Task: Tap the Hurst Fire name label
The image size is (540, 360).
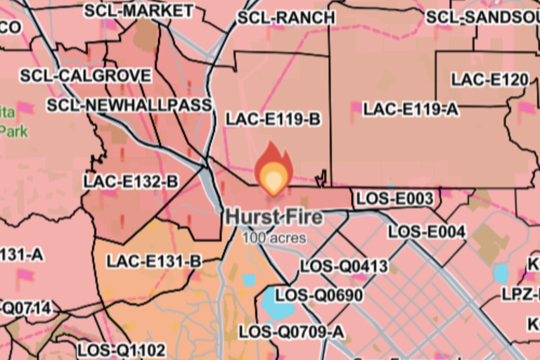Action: [x=274, y=217]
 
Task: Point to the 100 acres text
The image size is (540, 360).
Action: [x=274, y=238]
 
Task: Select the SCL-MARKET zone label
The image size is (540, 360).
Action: [x=139, y=11]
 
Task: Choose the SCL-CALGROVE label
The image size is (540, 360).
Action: [x=85, y=75]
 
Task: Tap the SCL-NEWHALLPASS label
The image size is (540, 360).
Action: [x=129, y=105]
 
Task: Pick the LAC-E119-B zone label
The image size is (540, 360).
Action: [x=273, y=120]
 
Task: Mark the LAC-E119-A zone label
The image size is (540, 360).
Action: [x=411, y=109]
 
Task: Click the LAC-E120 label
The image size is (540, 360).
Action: [x=490, y=79]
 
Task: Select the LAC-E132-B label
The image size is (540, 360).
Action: [x=131, y=181]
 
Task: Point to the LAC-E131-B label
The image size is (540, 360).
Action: [x=154, y=262]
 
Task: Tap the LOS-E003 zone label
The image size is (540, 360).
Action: [x=394, y=199]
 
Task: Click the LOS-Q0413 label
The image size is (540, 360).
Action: [x=344, y=266]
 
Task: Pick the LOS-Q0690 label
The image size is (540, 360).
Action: [x=319, y=295]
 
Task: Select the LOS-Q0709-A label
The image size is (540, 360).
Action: [x=292, y=331]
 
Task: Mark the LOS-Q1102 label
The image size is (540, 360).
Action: [x=121, y=349]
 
